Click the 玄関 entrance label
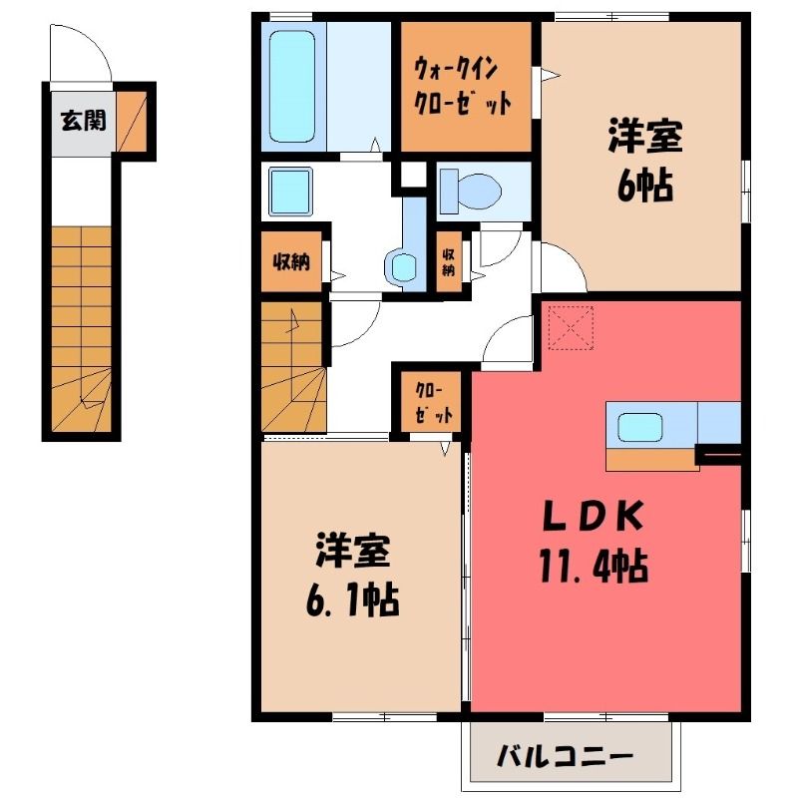coord(84,121)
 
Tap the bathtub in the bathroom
coord(292,86)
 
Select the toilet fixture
coord(470,192)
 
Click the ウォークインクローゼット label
coord(463,87)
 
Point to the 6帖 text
coord(645,187)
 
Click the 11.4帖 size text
coord(594,566)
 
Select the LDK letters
coord(593,516)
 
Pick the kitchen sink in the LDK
coord(640,427)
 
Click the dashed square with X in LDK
coord(571,328)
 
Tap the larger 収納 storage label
coord(291,261)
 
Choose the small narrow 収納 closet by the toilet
coord(448,261)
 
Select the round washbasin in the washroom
coord(403,267)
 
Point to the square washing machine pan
coord(290,192)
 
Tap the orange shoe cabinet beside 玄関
coord(132,121)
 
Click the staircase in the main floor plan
coord(292,367)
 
